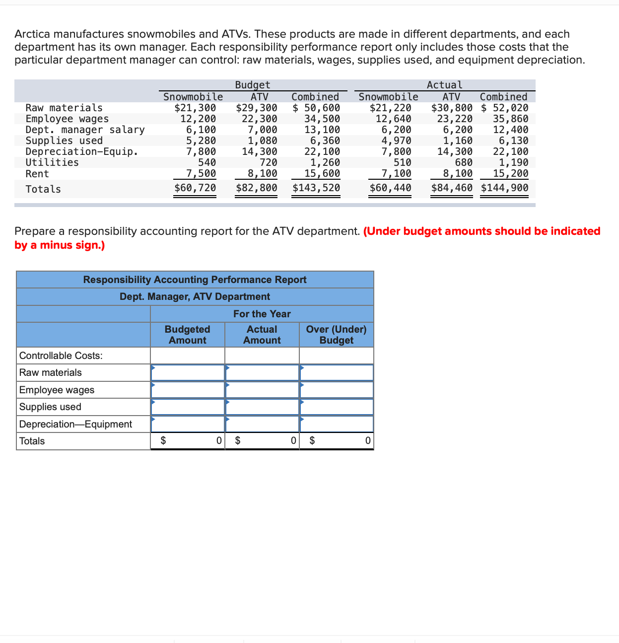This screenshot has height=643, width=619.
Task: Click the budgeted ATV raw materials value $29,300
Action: point(257,108)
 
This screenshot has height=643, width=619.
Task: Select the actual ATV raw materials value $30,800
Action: point(452,108)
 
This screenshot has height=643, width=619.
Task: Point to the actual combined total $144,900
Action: point(504,188)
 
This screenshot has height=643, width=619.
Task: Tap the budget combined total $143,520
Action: point(316,188)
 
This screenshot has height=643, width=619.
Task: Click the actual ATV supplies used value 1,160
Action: point(458,141)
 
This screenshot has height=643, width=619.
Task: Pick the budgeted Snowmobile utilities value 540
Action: point(207,162)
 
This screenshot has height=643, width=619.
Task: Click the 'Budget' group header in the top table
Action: point(253,85)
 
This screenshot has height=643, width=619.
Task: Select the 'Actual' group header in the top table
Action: point(444,85)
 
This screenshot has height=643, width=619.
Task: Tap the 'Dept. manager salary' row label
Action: point(85,130)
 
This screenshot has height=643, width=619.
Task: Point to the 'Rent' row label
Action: point(37,174)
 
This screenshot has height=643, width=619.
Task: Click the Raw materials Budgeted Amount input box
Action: point(188,372)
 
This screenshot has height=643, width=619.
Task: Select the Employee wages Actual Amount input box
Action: point(262,390)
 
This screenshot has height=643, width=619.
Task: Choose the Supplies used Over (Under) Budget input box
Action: point(337,407)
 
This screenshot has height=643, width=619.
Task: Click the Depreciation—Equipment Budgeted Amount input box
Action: point(188,424)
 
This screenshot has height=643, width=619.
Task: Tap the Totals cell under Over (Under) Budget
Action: point(337,441)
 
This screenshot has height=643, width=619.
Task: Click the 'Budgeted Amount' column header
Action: point(188,335)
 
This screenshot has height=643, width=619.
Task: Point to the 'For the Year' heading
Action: point(262,314)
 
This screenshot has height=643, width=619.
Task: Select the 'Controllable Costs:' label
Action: point(61,356)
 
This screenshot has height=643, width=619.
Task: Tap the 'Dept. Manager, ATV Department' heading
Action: point(195,296)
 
